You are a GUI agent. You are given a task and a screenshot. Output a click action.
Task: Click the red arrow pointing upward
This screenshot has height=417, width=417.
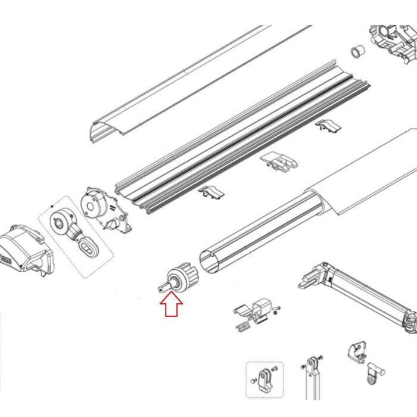click(172, 306)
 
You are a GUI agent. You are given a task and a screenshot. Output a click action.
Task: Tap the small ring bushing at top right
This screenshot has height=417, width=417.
click(357, 52)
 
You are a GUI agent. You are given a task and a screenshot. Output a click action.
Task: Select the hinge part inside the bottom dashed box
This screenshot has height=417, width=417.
click(264, 380)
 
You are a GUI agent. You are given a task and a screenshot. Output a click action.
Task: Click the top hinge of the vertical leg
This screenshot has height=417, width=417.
click(312, 363)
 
